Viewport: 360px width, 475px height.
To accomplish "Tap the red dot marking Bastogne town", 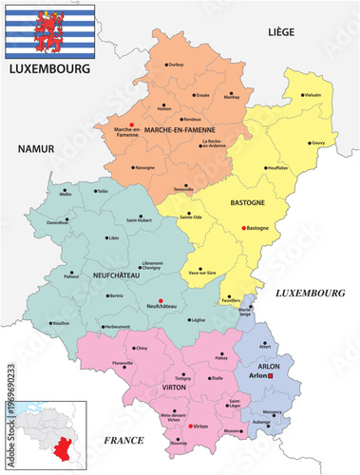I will point(244,228).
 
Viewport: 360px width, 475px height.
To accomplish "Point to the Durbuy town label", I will point(176,64).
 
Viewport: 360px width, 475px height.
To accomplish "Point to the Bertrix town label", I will point(116,296).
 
